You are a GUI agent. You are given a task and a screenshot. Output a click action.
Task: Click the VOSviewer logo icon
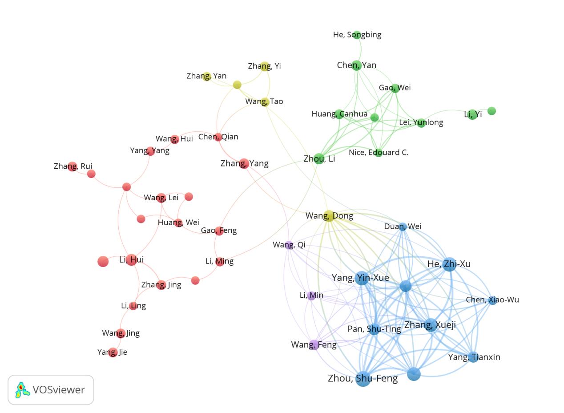pos(22,390)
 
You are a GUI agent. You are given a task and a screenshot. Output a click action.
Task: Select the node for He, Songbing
pos(357,35)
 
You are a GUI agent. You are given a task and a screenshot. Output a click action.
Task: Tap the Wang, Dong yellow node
pos(329,216)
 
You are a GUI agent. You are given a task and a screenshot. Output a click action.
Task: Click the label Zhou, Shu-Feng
pos(363,378)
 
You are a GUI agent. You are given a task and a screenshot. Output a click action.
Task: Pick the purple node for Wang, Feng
pos(314,345)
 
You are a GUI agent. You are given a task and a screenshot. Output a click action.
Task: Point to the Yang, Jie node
pos(113,352)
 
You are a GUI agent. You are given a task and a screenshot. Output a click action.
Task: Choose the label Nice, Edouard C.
pos(379,152)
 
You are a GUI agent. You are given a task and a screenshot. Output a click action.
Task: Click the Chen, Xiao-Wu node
pos(492,300)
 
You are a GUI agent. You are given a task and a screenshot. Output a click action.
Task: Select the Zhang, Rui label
pos(73,166)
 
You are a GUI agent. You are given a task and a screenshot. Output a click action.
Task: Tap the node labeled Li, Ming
pos(220,262)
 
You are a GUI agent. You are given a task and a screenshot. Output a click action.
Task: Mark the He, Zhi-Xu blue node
pos(449,264)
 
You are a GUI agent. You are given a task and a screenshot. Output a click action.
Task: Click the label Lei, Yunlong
pos(421,122)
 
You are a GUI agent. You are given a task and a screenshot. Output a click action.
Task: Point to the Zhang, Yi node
pos(265,67)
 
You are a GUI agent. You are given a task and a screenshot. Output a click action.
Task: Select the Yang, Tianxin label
pos(474,357)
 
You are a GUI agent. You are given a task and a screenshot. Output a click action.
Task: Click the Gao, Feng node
pos(219,231)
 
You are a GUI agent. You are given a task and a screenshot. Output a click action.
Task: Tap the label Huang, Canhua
pos(339,114)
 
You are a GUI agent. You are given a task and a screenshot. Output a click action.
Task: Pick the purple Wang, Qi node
pos(289,245)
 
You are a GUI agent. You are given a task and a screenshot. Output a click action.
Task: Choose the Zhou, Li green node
pos(319,158)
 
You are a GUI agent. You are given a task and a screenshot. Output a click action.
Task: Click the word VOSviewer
pos(58,390)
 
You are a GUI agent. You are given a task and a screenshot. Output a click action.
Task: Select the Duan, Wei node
pos(403,227)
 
